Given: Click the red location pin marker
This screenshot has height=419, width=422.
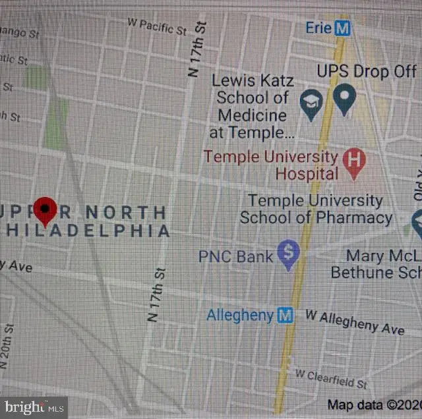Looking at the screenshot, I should [x=45, y=210].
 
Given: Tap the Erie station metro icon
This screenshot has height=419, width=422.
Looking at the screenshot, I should [x=342, y=28].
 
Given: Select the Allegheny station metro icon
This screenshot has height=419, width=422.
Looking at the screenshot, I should [x=285, y=316].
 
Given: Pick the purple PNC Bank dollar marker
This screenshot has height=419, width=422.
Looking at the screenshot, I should [x=288, y=254].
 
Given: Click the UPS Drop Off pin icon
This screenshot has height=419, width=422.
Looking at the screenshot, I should [x=343, y=99].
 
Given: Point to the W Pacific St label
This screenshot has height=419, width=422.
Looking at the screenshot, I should [x=158, y=26].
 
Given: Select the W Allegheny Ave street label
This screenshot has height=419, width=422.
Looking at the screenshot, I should [x=355, y=322].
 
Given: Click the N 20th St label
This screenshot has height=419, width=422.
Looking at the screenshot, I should [x=8, y=347].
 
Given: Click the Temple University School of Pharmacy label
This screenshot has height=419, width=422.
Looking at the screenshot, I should [x=316, y=209].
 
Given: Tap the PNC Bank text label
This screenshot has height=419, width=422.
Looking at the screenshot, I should [x=235, y=256].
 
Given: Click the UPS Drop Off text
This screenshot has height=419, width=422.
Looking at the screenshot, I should [x=367, y=71].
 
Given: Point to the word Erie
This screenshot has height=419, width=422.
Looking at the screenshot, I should [x=318, y=28].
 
